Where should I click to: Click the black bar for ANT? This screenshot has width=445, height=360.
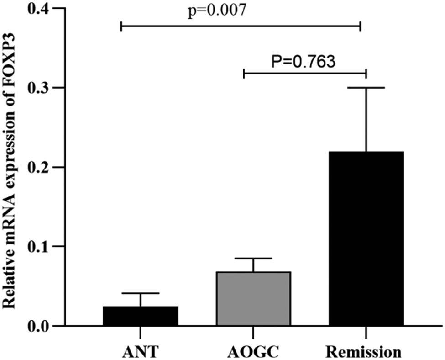140,316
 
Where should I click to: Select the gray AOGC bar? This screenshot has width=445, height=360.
253,299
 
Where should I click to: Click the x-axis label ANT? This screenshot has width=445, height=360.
140,352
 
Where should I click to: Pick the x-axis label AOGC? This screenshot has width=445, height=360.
252,352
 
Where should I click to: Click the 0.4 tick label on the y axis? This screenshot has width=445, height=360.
41,9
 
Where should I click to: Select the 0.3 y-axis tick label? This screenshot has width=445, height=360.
41,88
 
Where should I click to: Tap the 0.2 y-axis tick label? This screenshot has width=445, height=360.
41,167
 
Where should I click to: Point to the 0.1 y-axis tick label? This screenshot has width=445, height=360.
41,247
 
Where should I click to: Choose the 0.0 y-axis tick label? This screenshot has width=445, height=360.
41,326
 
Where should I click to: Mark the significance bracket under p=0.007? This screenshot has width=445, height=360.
241,26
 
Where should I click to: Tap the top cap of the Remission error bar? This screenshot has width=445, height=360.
366,87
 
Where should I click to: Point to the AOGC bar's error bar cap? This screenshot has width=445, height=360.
253,259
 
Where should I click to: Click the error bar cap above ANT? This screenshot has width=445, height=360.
140,293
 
